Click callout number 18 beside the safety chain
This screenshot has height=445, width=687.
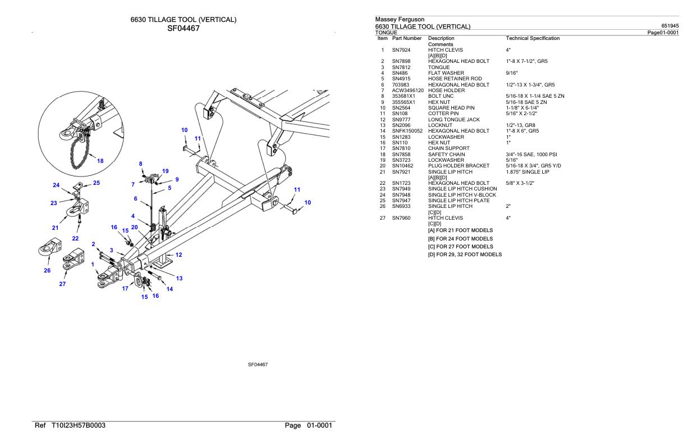[100, 161]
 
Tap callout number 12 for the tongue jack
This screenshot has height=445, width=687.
[178, 255]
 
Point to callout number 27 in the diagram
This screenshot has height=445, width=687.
[62, 284]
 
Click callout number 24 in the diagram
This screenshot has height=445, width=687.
[56, 185]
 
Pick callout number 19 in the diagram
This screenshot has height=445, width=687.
[166, 171]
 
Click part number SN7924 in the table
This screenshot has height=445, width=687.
[402, 50]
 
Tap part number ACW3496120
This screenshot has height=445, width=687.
[407, 90]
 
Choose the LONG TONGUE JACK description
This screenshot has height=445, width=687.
[454, 119]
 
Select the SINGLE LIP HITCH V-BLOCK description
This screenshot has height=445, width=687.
[462, 194]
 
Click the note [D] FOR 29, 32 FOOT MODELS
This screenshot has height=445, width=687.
[465, 255]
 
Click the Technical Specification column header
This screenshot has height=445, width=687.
[533, 38]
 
